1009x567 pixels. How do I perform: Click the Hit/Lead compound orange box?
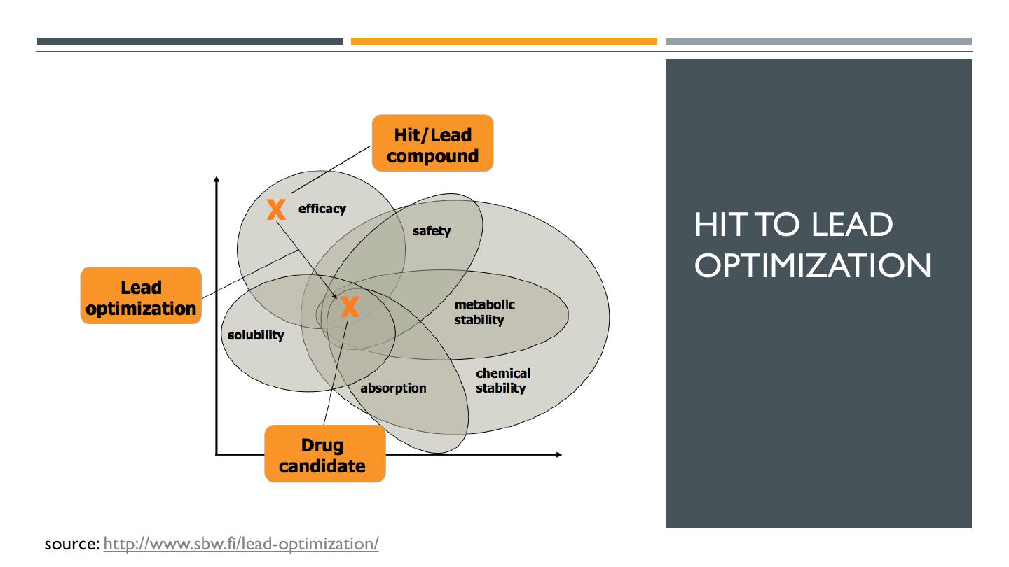pyautogui.click(x=432, y=143)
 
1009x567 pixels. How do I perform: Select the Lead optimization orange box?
pyautogui.click(x=141, y=297)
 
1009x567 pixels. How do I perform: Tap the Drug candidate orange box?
pyautogui.click(x=324, y=454)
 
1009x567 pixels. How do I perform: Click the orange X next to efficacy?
pyautogui.click(x=277, y=209)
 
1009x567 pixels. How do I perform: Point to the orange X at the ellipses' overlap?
pyautogui.click(x=350, y=306)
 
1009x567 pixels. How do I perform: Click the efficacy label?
pyautogui.click(x=322, y=208)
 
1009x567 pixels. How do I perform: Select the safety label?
pyautogui.click(x=432, y=230)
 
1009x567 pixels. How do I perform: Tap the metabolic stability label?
pyautogui.click(x=485, y=312)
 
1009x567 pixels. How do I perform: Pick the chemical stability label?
pyautogui.click(x=503, y=380)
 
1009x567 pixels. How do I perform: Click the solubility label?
pyautogui.click(x=256, y=335)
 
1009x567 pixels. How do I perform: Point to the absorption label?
pyautogui.click(x=393, y=388)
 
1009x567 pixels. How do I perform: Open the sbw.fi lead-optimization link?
pyautogui.click(x=241, y=543)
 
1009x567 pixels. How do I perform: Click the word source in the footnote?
pyautogui.click(x=71, y=543)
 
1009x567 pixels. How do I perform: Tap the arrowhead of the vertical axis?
pyautogui.click(x=217, y=180)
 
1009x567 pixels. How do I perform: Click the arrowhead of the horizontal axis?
pyautogui.click(x=558, y=455)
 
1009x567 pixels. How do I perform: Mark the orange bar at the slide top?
pyautogui.click(x=504, y=42)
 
